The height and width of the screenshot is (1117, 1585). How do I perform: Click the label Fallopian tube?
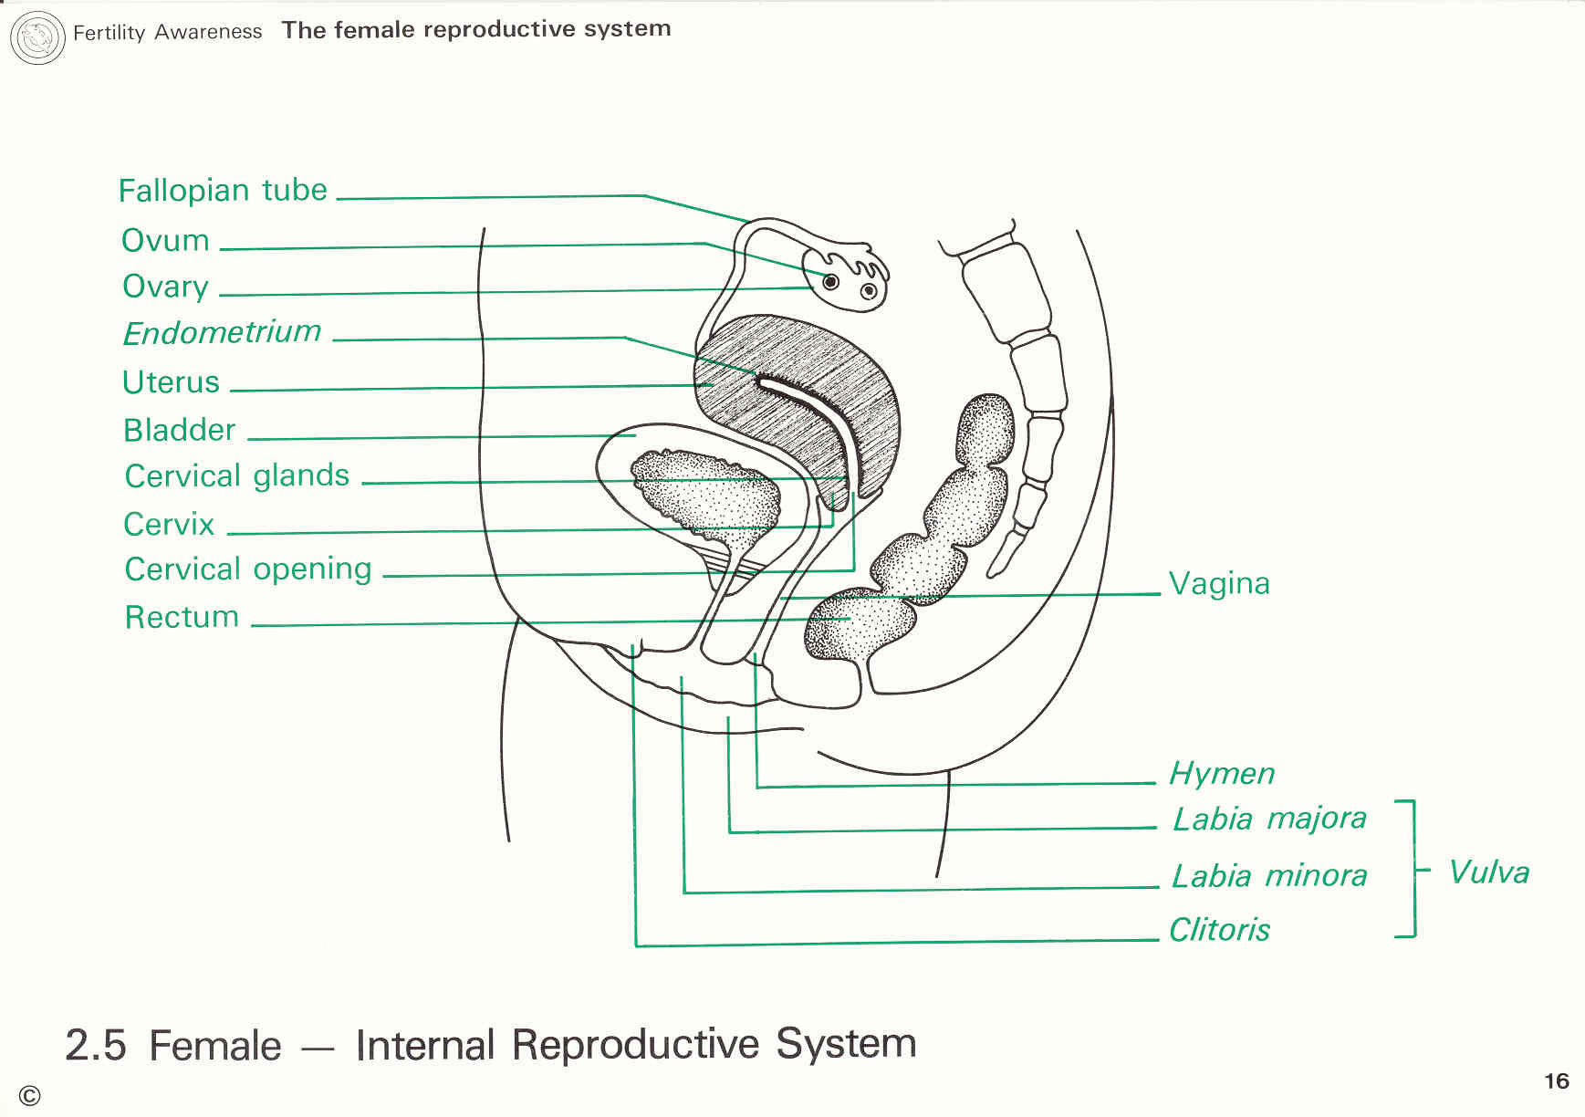(x=223, y=191)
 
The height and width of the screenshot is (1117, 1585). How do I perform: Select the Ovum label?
(x=165, y=241)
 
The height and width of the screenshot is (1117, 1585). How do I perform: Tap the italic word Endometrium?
(x=223, y=332)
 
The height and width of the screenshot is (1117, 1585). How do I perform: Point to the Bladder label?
(x=179, y=430)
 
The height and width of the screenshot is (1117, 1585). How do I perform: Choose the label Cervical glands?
(x=237, y=476)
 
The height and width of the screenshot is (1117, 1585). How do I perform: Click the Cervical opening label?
(x=248, y=569)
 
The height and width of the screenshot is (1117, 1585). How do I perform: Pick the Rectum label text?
(x=182, y=618)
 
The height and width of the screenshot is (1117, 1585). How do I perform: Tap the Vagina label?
(x=1219, y=584)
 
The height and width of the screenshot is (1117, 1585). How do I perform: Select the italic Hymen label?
(x=1222, y=774)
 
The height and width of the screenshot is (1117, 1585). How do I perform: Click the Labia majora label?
(x=1269, y=819)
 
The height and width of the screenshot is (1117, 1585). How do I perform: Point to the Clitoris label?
(x=1219, y=930)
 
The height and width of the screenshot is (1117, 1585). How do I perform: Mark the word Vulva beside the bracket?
(x=1489, y=872)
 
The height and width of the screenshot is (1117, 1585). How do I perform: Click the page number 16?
(x=1556, y=1081)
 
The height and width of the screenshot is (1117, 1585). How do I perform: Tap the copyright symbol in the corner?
(x=29, y=1096)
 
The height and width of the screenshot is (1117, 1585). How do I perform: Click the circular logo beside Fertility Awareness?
(x=37, y=38)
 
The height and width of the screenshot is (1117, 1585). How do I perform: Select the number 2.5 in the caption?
(x=96, y=1046)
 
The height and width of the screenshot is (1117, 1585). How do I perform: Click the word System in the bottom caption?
(x=846, y=1044)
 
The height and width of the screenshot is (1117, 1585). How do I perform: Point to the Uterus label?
(x=171, y=382)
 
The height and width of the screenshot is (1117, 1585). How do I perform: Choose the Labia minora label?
(x=1269, y=876)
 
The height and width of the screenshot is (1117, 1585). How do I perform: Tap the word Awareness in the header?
(x=208, y=32)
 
